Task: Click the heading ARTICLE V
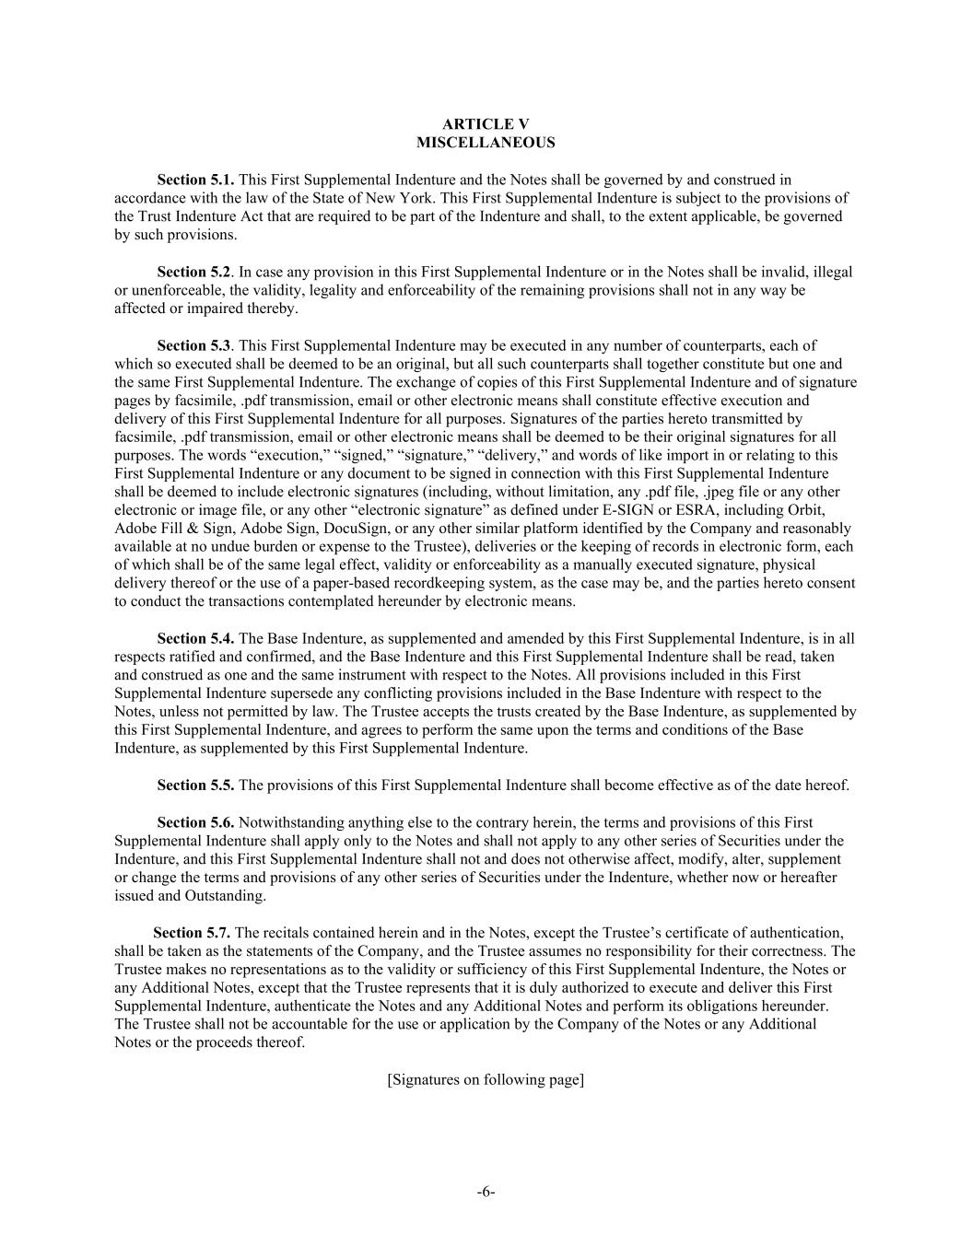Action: click(x=486, y=124)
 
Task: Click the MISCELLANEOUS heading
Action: click(x=486, y=143)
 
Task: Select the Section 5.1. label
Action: click(x=195, y=180)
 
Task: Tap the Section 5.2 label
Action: click(x=193, y=272)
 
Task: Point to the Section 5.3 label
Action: click(x=193, y=345)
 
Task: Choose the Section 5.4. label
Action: click(x=195, y=638)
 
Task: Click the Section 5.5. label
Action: click(x=195, y=786)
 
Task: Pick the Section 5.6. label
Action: click(x=195, y=822)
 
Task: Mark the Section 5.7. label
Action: click(x=192, y=933)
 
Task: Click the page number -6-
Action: click(x=486, y=1193)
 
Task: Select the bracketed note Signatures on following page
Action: click(x=486, y=1079)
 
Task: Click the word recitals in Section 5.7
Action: click(x=287, y=933)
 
